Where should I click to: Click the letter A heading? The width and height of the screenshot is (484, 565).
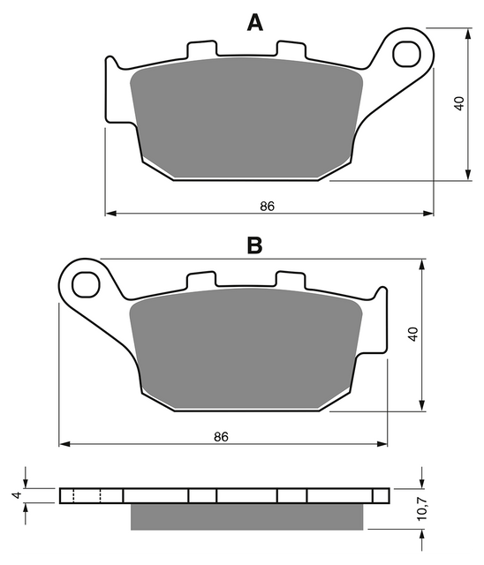(x=254, y=23)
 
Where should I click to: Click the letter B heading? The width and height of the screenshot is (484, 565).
(x=254, y=245)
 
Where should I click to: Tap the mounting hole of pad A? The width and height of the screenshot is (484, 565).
(x=407, y=55)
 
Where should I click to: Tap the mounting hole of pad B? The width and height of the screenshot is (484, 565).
(x=86, y=285)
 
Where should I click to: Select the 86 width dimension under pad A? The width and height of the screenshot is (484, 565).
(x=268, y=206)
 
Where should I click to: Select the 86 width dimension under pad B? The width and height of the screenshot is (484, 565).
(x=221, y=436)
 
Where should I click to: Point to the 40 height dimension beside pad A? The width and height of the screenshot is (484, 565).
(x=458, y=104)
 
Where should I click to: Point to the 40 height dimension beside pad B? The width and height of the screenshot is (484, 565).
(x=412, y=334)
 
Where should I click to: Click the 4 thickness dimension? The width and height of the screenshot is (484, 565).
(x=18, y=495)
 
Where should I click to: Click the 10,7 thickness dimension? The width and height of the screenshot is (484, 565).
(x=421, y=508)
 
